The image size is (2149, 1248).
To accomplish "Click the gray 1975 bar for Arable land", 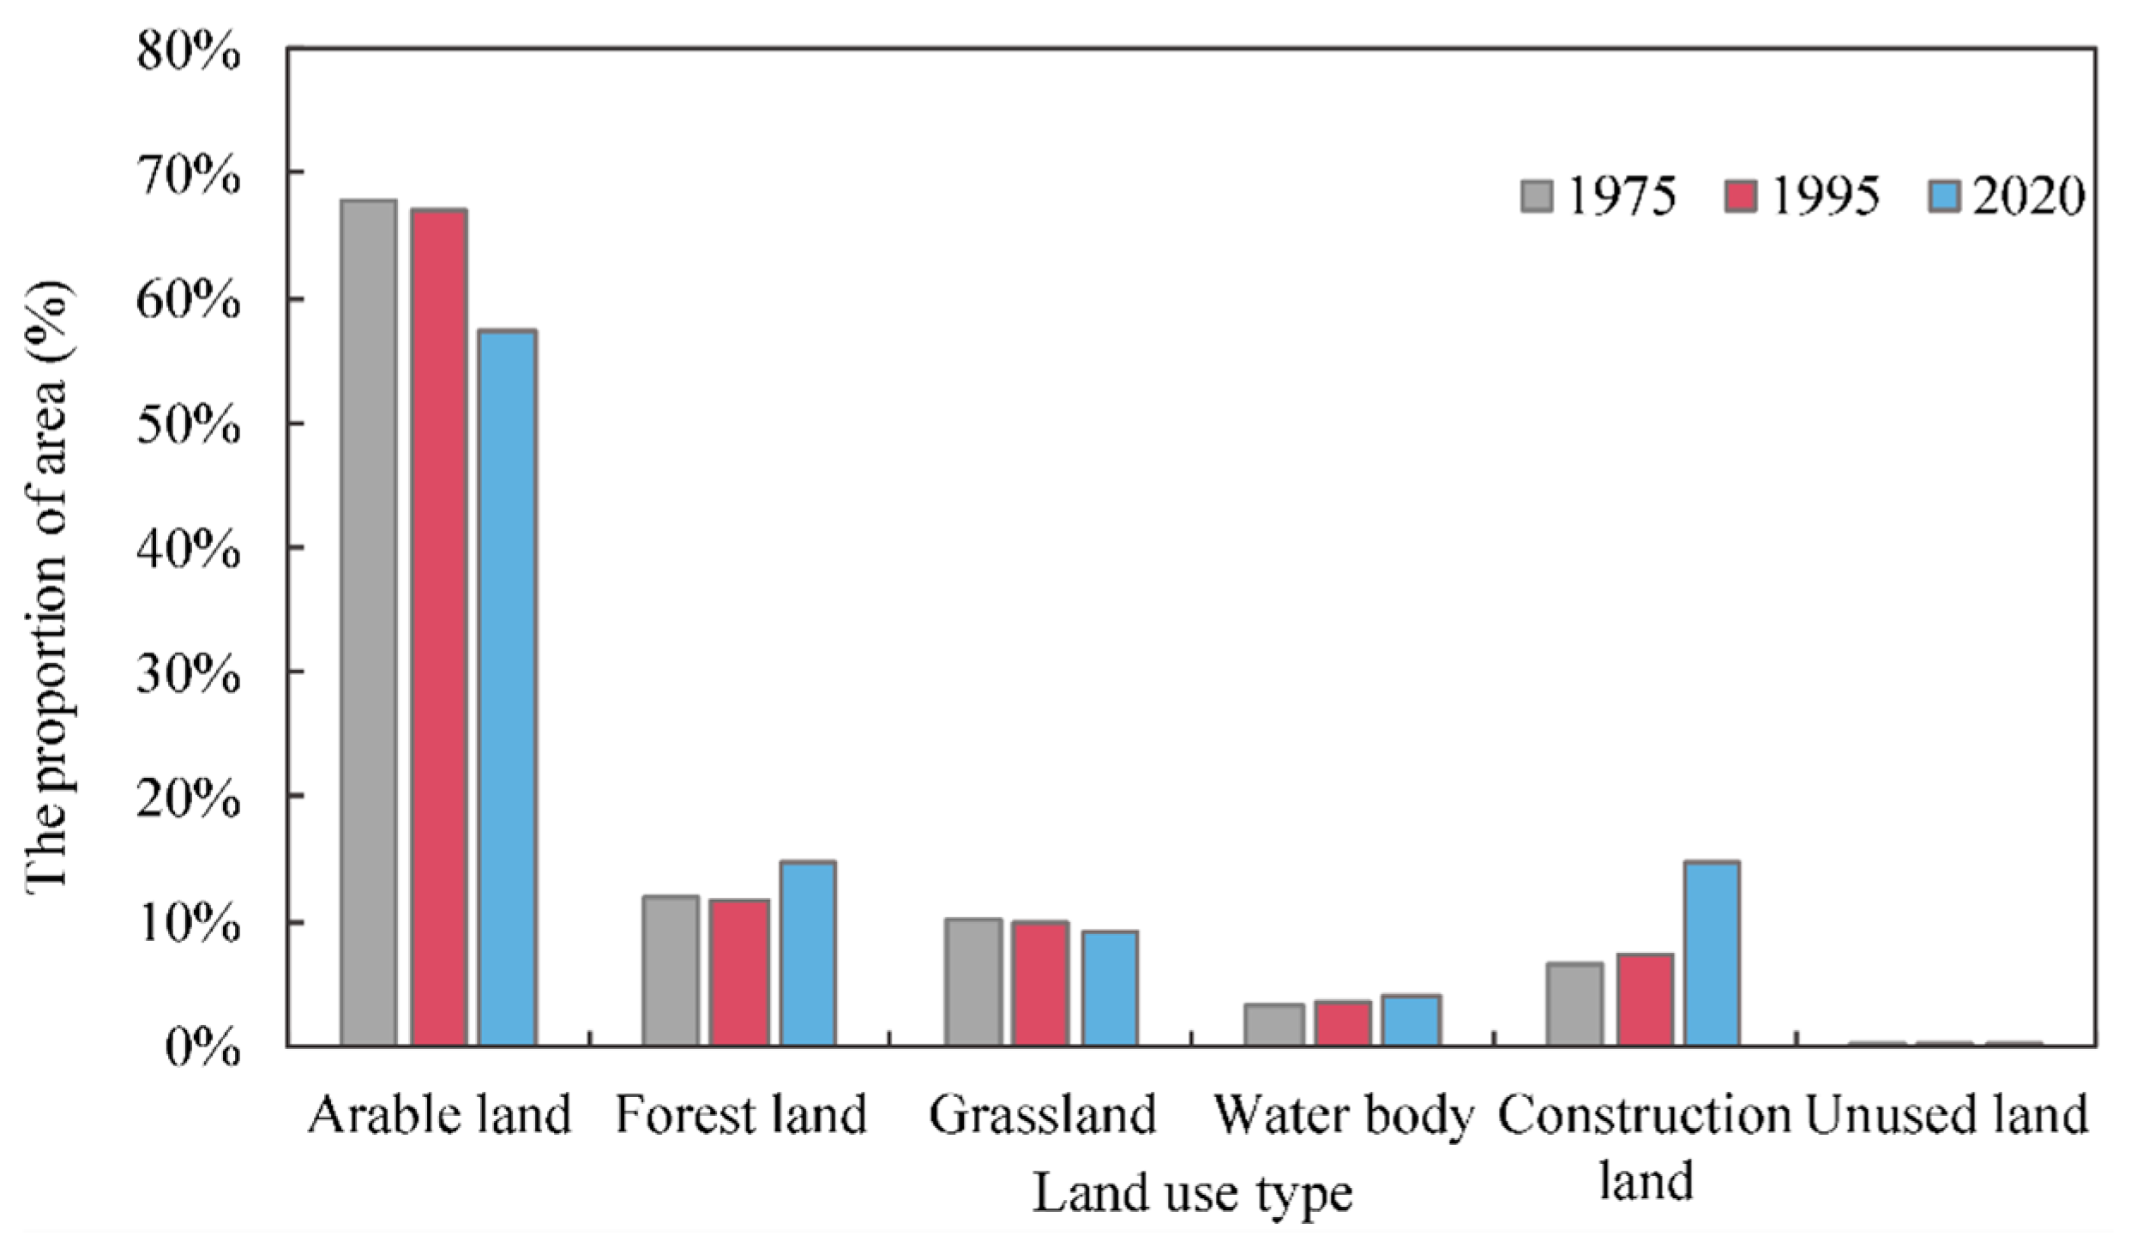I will [x=368, y=622].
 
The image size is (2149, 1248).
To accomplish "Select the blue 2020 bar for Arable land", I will [x=508, y=686].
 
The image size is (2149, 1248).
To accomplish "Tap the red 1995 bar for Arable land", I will [x=438, y=626].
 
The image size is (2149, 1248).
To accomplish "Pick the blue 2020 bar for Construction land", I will [x=1712, y=953].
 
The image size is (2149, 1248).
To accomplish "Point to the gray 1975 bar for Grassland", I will [x=972, y=981].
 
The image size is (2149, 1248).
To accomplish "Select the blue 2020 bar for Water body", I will [x=1411, y=1020].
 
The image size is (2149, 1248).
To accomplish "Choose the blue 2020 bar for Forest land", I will [x=808, y=953].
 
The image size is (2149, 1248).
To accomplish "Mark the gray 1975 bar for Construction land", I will [x=1574, y=1004].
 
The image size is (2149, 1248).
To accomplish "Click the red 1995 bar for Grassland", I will [x=1039, y=983].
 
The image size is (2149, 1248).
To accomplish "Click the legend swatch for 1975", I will [x=1536, y=196].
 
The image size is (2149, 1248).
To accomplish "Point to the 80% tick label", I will [x=188, y=53].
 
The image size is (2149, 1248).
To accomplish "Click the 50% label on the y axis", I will [x=188, y=425].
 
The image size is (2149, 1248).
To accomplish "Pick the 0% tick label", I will [x=202, y=1047].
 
